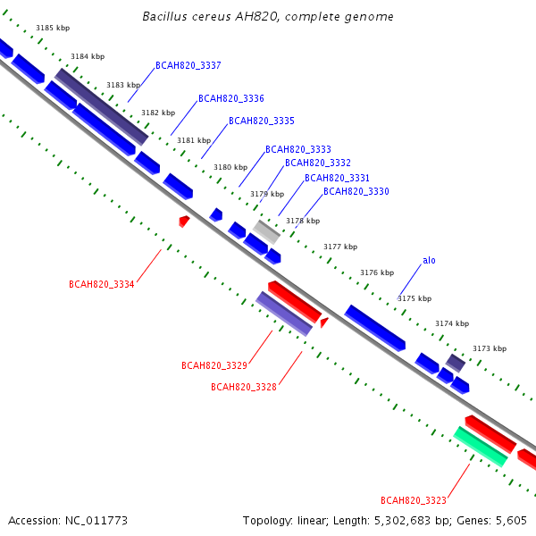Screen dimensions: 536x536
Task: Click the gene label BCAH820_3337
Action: (188, 65)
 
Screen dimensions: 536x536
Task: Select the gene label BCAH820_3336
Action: (231, 98)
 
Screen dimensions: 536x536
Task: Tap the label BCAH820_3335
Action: (262, 121)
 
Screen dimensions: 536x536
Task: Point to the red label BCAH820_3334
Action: (102, 284)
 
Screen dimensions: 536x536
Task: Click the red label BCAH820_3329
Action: (214, 365)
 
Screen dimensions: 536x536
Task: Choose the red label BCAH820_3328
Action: (244, 387)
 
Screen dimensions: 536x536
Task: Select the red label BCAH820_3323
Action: (414, 500)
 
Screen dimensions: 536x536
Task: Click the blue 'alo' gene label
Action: (429, 261)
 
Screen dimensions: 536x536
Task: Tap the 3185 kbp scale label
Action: (53, 28)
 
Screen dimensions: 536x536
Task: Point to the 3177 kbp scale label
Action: (340, 247)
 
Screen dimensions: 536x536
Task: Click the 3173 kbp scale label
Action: (490, 348)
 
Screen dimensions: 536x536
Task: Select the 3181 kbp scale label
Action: (194, 140)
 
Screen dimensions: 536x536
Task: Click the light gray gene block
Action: (266, 232)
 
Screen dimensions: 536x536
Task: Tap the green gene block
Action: (481, 447)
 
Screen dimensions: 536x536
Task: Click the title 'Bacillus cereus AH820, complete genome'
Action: (268, 16)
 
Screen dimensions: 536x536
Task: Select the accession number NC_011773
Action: (96, 521)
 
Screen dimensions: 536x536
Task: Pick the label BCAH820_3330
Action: (356, 191)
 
